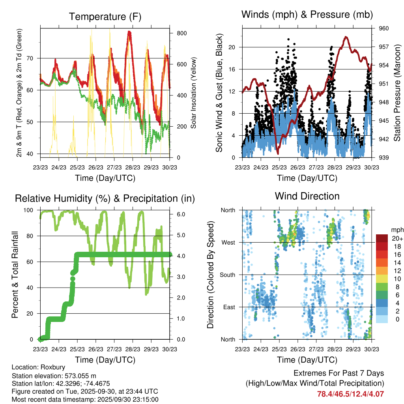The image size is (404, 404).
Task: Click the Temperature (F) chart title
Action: click(x=105, y=17)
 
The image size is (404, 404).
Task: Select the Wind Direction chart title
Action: click(x=307, y=196)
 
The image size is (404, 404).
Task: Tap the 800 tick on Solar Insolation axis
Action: click(x=181, y=33)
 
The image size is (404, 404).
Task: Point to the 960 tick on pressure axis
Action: click(x=384, y=28)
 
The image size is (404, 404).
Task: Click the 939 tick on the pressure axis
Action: click(x=384, y=157)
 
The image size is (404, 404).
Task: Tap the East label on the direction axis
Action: click(x=228, y=307)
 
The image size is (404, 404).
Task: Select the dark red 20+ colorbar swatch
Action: click(x=382, y=238)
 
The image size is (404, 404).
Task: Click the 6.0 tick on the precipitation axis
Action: click(x=179, y=214)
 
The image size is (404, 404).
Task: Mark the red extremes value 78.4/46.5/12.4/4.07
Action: click(x=350, y=394)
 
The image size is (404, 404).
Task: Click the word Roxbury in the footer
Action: click(x=53, y=367)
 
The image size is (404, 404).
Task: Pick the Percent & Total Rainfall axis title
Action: click(x=15, y=275)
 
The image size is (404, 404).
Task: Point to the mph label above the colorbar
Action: click(x=397, y=230)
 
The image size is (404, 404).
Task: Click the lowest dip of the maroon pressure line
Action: click(x=278, y=153)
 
